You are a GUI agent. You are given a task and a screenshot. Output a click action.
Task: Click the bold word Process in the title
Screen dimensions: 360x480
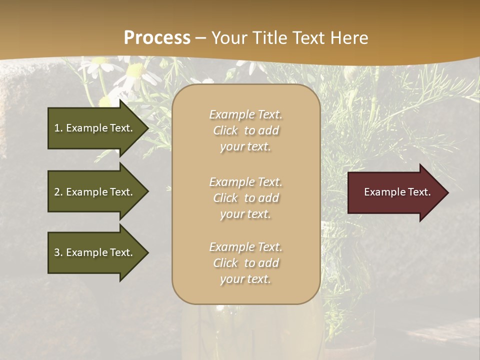tap(157, 38)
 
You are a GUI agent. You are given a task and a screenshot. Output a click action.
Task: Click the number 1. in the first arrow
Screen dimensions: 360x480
tap(58, 128)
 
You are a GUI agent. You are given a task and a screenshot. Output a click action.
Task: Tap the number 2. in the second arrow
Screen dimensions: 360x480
tap(58, 192)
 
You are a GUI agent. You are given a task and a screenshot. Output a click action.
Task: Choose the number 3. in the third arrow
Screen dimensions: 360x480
tap(58, 252)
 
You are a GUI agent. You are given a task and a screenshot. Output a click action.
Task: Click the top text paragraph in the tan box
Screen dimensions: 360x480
tap(245, 130)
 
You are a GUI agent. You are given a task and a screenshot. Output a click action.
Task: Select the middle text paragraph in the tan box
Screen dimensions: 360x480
tap(245, 198)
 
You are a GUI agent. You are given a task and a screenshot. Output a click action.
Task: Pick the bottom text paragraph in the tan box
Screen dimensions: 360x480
tap(245, 263)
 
